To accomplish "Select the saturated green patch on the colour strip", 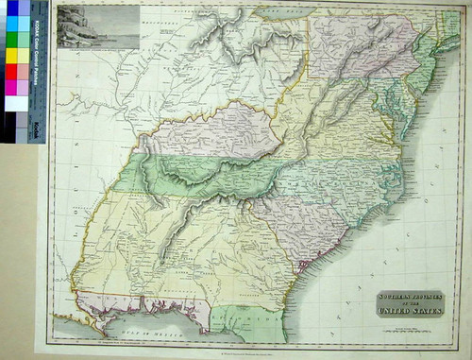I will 12,40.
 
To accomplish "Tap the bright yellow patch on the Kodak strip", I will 12,56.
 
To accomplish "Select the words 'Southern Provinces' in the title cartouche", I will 409,296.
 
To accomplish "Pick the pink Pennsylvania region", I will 359,47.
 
